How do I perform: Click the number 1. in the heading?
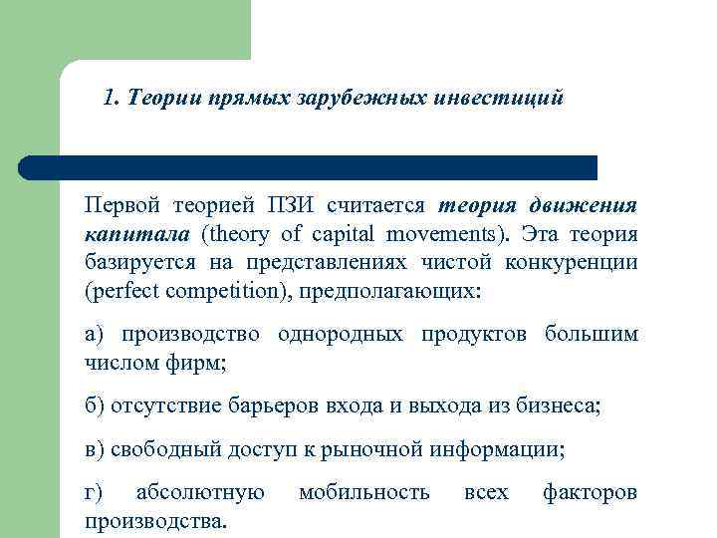pos(111,99)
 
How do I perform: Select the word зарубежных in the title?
pos(353,99)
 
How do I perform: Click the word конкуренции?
pos(578,264)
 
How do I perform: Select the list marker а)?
pos(96,334)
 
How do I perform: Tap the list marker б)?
pos(96,406)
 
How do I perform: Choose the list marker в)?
pos(96,449)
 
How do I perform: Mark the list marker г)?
pos(95,493)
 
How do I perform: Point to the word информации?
pos(497,449)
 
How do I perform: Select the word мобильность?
pos(364,492)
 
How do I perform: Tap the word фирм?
pos(202,363)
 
